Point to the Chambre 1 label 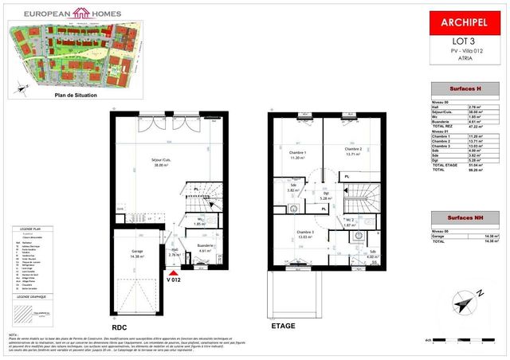tap(296, 154)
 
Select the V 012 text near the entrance tap(175, 280)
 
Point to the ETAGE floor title tap(282, 326)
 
